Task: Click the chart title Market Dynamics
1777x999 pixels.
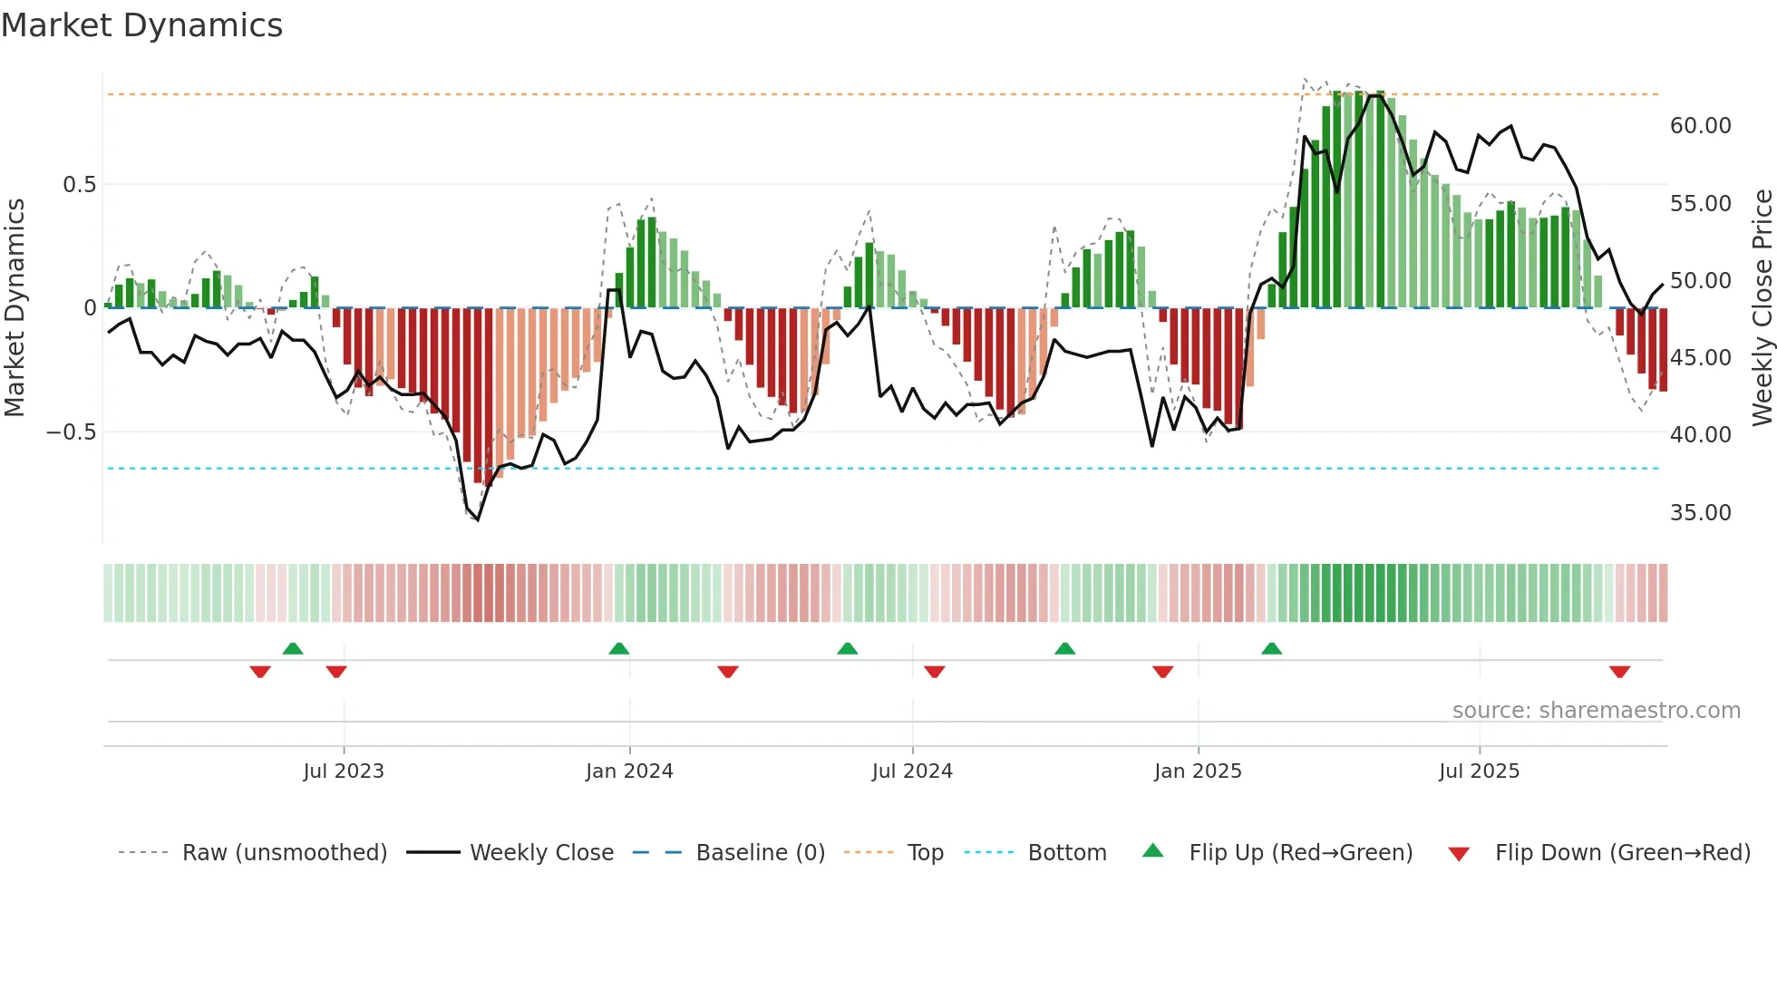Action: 141,25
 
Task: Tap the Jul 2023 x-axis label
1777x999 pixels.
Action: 344,771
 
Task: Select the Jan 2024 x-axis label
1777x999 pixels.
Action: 629,771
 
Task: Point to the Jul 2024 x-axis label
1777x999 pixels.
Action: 912,771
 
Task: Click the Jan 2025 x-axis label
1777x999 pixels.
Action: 1198,771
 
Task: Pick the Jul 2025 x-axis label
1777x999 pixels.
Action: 1479,771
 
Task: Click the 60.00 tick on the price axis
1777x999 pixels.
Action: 1700,126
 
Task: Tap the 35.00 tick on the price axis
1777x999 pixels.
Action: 1700,513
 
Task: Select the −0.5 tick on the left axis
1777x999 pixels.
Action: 72,432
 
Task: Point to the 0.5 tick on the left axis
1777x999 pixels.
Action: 79,185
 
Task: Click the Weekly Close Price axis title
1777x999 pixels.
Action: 1762,308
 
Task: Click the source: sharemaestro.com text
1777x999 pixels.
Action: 1596,711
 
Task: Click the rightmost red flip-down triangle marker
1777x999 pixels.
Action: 1620,672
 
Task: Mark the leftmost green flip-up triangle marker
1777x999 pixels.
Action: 293,649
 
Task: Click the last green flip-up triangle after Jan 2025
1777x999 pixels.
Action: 1272,649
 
